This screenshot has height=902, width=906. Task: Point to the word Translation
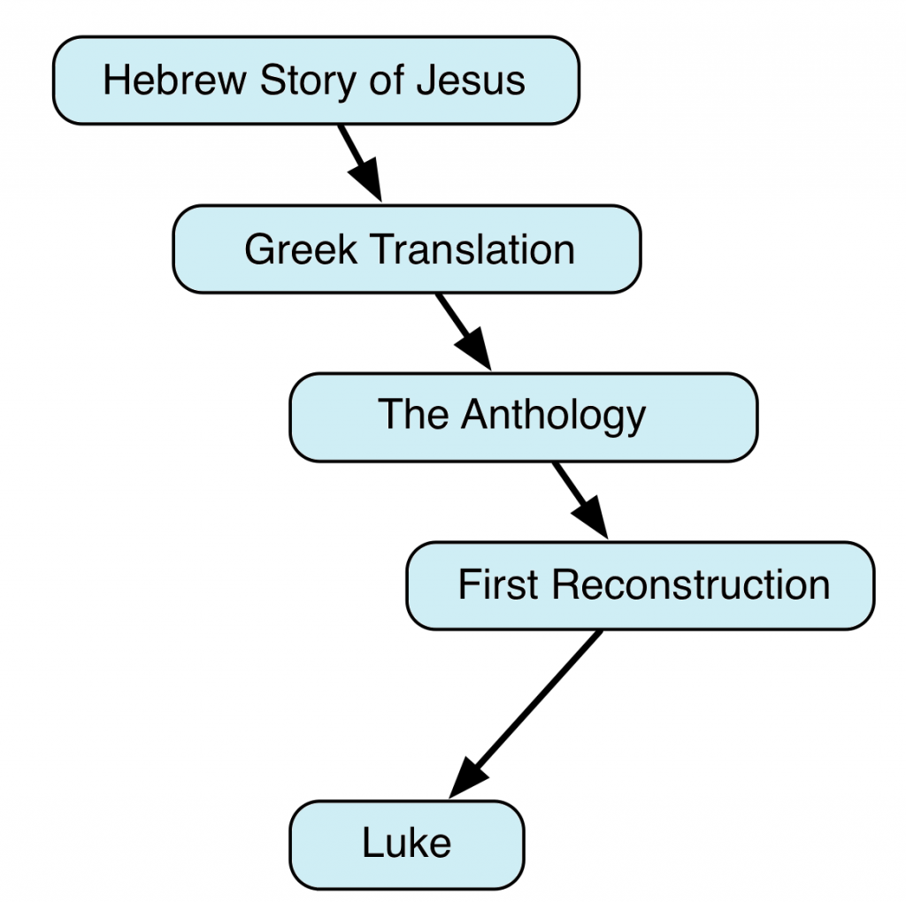point(473,249)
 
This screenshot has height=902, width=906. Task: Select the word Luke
point(406,843)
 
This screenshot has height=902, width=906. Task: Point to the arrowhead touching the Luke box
point(465,779)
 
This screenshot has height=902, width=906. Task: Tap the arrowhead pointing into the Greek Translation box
point(369,182)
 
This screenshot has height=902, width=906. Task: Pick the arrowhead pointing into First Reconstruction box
point(594,518)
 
